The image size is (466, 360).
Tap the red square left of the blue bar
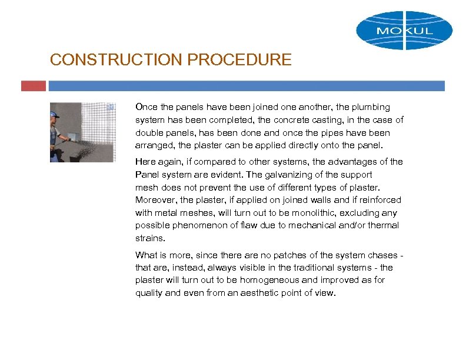click(x=33, y=86)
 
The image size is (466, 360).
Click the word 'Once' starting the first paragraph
click(x=146, y=107)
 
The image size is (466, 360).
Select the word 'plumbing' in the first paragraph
click(x=372, y=107)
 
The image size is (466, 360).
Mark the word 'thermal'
click(x=384, y=226)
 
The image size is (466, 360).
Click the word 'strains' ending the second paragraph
click(x=149, y=239)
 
